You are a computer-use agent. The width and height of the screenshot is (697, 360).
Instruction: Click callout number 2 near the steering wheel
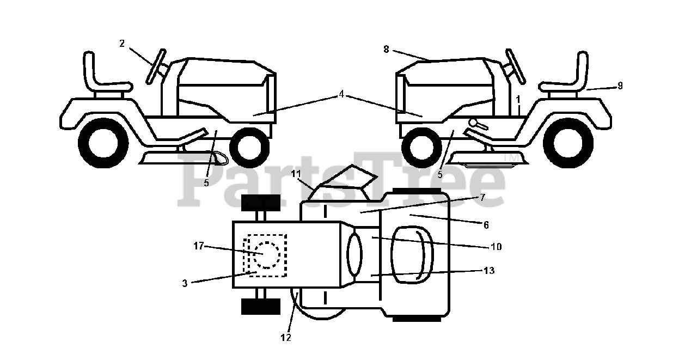click(x=122, y=44)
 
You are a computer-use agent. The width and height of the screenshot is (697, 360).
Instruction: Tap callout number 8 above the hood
click(x=386, y=49)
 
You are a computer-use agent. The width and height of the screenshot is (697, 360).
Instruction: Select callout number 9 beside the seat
click(x=620, y=86)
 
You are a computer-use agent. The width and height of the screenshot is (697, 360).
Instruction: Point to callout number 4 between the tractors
click(x=341, y=94)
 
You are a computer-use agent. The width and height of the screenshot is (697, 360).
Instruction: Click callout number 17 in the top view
click(x=198, y=246)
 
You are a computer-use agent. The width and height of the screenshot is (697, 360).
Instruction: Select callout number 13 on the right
click(x=489, y=270)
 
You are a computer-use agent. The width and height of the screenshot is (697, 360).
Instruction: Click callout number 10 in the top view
click(x=496, y=247)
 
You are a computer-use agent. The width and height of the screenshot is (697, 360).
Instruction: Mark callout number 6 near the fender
click(x=486, y=224)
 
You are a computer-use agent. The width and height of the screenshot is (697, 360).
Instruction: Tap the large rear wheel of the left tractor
click(x=103, y=143)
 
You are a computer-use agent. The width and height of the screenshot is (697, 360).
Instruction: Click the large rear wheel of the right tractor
click(x=568, y=143)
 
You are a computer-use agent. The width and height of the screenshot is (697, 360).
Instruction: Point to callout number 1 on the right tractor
click(x=518, y=100)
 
